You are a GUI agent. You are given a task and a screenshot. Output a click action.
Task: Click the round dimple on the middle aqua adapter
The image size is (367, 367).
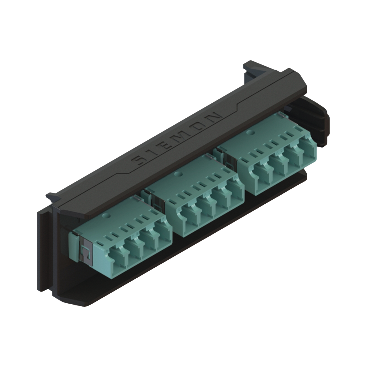[180, 174]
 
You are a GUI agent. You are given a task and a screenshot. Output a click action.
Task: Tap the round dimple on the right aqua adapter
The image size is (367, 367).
[251, 132]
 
